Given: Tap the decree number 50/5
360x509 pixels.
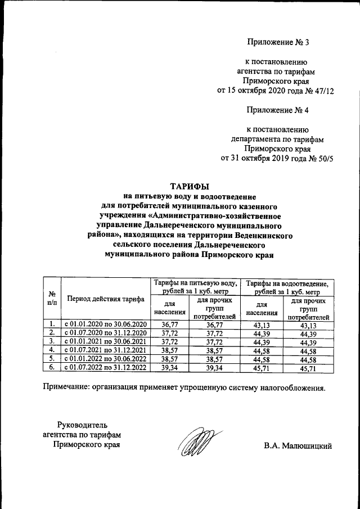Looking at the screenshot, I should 325,157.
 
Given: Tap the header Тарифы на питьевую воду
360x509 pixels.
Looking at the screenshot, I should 194,284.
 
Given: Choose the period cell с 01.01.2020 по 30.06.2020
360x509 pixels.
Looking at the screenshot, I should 105,324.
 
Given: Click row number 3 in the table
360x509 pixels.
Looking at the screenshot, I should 52,341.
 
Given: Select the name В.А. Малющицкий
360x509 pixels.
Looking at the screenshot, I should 298,446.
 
